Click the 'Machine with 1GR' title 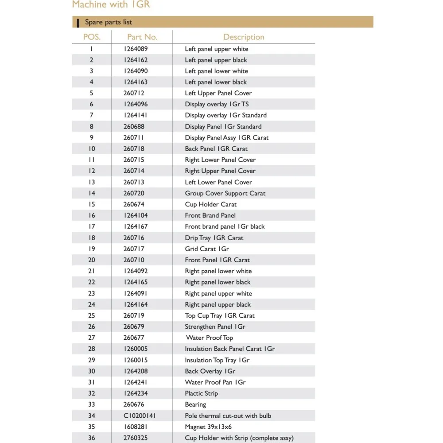(x=111, y=5)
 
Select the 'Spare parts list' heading (x=109, y=22)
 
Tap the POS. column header (x=92, y=37)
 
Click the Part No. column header (x=142, y=37)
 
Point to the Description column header (x=244, y=37)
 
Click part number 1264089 (x=136, y=49)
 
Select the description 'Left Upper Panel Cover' (x=218, y=93)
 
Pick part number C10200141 (x=140, y=416)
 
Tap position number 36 (x=92, y=438)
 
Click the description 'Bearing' (x=195, y=404)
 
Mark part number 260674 (x=134, y=204)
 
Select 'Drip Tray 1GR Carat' (x=214, y=237)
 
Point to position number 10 (x=92, y=149)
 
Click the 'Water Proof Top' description (x=209, y=338)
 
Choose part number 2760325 (x=136, y=438)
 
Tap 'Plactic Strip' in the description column (x=202, y=393)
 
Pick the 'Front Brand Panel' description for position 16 (x=210, y=215)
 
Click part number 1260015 (x=136, y=360)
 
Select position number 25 (x=92, y=315)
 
